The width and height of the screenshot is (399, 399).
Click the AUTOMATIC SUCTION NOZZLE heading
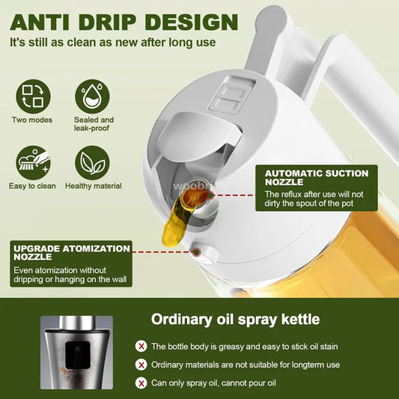316,178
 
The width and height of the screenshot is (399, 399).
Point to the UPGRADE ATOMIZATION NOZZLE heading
70,252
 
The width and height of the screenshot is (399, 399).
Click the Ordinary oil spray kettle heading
235,320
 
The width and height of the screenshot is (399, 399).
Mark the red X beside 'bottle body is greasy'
141,347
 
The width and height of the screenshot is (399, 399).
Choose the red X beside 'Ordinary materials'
141,365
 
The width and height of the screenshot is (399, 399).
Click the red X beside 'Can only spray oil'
141,383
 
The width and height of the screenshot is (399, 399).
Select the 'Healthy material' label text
94,185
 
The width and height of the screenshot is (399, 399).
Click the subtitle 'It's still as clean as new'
113,42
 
